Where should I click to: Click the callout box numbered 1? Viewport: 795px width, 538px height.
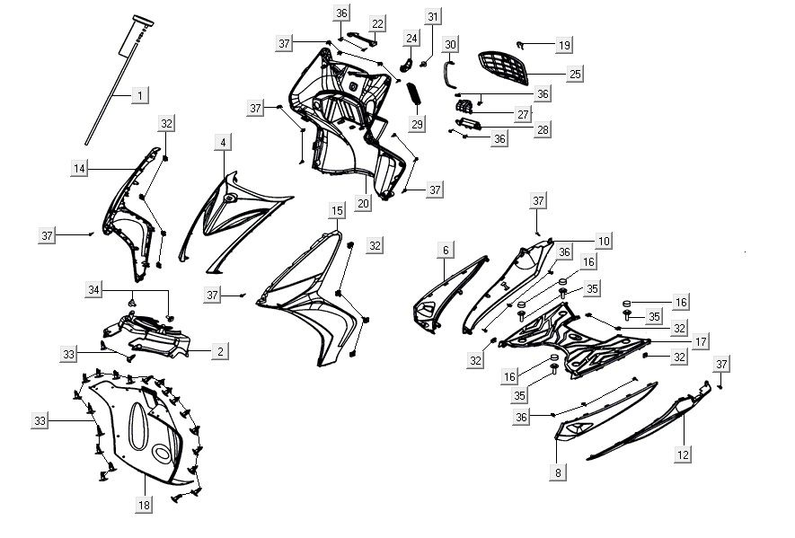(140, 94)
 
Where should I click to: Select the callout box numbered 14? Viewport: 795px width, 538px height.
(80, 168)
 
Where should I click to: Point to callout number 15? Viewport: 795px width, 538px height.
(336, 211)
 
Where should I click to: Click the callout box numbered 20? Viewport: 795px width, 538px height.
(363, 203)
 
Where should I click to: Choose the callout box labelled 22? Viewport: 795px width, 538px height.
(378, 23)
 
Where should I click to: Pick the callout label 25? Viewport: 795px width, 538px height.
(576, 72)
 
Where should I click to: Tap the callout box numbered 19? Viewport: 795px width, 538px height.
(563, 45)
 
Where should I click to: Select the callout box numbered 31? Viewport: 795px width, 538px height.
(434, 17)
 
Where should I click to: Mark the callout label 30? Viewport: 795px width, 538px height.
(451, 44)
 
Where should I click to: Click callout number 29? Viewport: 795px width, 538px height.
(417, 124)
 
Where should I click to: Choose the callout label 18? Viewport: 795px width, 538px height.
(144, 506)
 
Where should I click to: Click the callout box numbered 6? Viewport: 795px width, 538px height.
(445, 251)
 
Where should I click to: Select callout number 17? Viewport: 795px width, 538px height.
(701, 341)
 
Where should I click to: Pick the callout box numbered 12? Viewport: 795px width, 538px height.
(684, 454)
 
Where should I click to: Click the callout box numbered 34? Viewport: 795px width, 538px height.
(93, 289)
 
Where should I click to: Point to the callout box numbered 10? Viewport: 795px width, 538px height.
(603, 241)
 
